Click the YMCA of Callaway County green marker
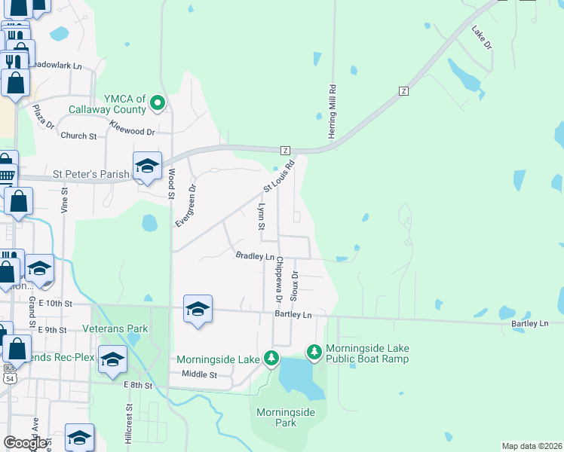[157, 103]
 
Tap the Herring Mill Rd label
[331, 110]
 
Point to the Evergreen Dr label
[185, 206]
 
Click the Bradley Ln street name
[255, 256]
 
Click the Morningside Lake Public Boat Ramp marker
[314, 352]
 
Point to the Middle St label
[199, 374]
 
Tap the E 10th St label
[55, 303]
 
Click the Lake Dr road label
[481, 39]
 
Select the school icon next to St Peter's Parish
[147, 166]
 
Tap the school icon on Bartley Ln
[198, 310]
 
